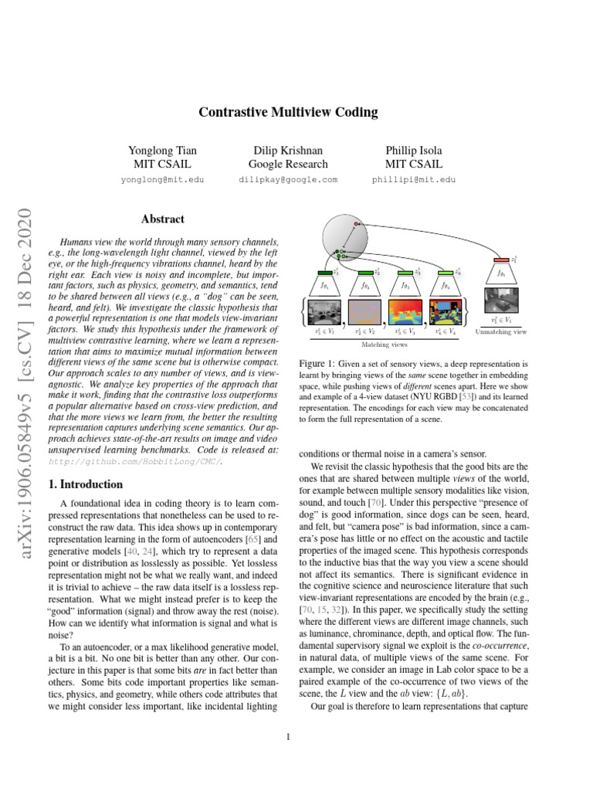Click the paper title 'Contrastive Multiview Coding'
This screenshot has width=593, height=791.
[x=288, y=113]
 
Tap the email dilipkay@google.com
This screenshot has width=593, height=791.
[x=288, y=179]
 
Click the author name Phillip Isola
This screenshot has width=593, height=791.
[x=414, y=150]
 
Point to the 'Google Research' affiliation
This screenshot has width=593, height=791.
[x=288, y=164]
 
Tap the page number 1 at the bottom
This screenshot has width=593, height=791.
[x=288, y=736]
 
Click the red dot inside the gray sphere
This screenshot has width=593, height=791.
[x=357, y=224]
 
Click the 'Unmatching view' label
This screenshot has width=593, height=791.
[x=500, y=331]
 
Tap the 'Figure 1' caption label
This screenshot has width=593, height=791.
[x=317, y=362]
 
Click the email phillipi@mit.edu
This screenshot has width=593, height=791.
[x=414, y=179]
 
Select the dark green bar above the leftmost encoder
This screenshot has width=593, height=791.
[x=324, y=272]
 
